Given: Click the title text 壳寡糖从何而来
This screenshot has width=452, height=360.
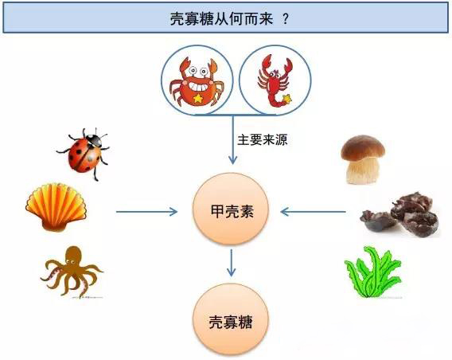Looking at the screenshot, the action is [221, 19].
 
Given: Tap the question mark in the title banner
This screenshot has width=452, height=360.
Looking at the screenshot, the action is [286, 19].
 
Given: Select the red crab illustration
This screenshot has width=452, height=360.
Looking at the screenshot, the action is [197, 81].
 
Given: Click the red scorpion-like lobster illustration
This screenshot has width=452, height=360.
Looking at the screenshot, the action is [275, 80].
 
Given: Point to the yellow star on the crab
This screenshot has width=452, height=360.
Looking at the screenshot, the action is [197, 99].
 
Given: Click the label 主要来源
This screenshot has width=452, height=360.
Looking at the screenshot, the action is [263, 140].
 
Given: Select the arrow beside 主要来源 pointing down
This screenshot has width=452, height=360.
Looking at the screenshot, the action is [232, 139].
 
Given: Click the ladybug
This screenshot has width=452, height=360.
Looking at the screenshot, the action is [84, 153].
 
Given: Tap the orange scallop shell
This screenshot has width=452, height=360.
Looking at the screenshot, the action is [56, 207].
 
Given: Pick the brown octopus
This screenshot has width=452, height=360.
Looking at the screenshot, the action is [72, 271].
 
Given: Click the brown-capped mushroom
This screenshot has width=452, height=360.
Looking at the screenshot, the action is [363, 159].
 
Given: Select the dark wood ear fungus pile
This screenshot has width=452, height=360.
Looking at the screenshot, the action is [400, 214].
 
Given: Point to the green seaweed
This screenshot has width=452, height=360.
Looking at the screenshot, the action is [373, 272].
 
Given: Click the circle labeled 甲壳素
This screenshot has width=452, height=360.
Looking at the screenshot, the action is [231, 209].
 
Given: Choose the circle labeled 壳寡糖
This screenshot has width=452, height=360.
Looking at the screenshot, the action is [231, 319].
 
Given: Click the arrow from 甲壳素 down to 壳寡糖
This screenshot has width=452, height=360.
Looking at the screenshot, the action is [231, 263].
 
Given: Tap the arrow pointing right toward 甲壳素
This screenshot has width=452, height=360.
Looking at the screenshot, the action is [146, 212].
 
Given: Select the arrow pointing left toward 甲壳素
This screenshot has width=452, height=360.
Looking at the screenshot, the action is [313, 212].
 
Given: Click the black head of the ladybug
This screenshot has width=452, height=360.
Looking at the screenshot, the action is [95, 140].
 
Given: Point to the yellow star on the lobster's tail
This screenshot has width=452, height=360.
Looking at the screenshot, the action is [287, 99].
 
